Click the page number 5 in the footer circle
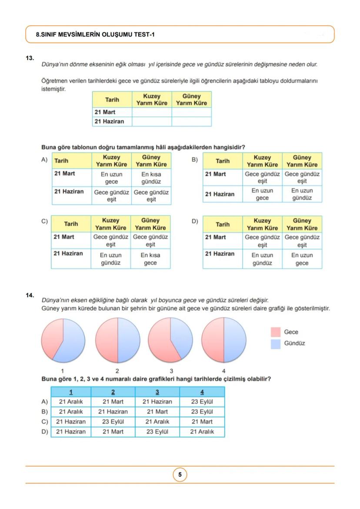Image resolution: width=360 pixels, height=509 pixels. click(180, 475)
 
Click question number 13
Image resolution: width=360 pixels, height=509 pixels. click(30, 57)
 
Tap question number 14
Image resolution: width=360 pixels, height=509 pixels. click(30, 295)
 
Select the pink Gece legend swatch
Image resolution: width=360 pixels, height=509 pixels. click(276, 332)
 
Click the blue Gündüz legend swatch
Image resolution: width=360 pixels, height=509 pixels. click(276, 344)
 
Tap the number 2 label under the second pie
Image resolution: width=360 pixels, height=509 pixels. click(117, 371)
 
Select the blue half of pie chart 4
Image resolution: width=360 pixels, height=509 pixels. click(234, 340)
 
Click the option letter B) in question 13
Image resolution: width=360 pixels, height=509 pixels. click(195, 160)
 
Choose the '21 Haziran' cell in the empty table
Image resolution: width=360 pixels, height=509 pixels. click(109, 122)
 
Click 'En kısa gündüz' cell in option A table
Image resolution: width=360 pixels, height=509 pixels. click(151, 178)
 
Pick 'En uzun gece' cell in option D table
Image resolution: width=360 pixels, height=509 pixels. click(302, 259)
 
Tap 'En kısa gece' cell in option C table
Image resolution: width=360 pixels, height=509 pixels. click(150, 259)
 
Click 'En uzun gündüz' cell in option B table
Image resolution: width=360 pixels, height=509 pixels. click(302, 194)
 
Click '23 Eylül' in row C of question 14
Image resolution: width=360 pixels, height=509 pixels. click(113, 422)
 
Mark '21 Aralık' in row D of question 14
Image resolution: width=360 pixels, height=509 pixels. click(202, 432)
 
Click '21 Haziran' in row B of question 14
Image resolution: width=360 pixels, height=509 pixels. click(113, 412)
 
